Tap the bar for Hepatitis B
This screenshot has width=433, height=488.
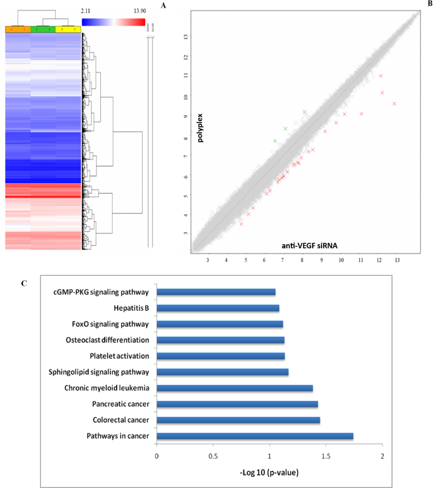click(218, 308)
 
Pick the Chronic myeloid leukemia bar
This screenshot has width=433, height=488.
click(234, 388)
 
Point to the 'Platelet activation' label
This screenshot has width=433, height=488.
click(119, 356)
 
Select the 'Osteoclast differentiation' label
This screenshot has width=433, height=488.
click(107, 340)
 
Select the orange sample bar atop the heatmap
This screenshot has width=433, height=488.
click(18, 30)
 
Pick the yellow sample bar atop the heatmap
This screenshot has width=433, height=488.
click(68, 30)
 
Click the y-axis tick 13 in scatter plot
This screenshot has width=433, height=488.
click(187, 37)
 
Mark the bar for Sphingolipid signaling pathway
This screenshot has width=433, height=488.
click(222, 372)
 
